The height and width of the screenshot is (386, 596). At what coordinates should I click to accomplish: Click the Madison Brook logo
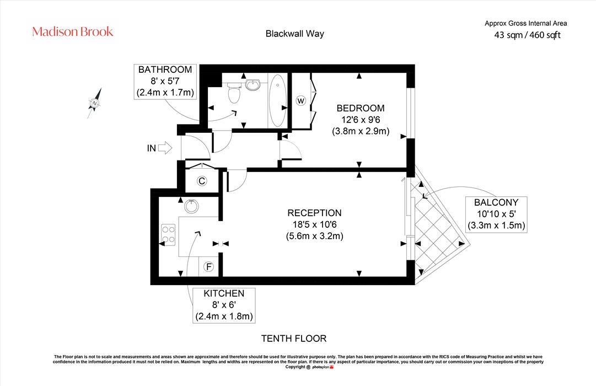tap(73, 31)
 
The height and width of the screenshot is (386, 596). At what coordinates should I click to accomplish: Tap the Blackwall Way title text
tap(294, 34)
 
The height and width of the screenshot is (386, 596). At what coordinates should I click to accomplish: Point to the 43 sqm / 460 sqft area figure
tap(527, 35)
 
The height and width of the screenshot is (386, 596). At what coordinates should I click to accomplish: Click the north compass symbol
tap(95, 103)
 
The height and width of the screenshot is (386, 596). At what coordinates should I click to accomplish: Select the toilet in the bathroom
tap(234, 93)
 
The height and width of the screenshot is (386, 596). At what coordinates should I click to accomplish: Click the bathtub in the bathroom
tap(278, 100)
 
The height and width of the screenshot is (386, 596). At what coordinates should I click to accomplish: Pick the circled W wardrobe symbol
tap(300, 101)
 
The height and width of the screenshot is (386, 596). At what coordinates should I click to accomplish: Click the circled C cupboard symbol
tap(202, 181)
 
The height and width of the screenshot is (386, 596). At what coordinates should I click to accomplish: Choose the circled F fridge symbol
tap(208, 267)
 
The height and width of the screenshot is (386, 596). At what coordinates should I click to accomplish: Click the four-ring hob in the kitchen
tap(168, 235)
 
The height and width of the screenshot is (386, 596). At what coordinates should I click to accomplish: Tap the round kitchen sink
tap(191, 206)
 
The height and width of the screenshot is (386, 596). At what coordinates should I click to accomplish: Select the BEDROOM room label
tap(361, 109)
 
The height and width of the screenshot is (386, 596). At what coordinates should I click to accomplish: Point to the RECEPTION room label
tap(314, 213)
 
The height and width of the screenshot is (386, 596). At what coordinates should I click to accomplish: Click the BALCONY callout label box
tap(496, 214)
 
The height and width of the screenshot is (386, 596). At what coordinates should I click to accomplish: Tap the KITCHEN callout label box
tap(224, 305)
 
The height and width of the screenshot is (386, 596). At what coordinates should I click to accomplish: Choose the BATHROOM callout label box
tap(165, 82)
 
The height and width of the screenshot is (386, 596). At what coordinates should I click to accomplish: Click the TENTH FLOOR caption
tap(294, 339)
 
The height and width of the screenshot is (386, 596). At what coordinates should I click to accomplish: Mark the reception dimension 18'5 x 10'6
tap(314, 224)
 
